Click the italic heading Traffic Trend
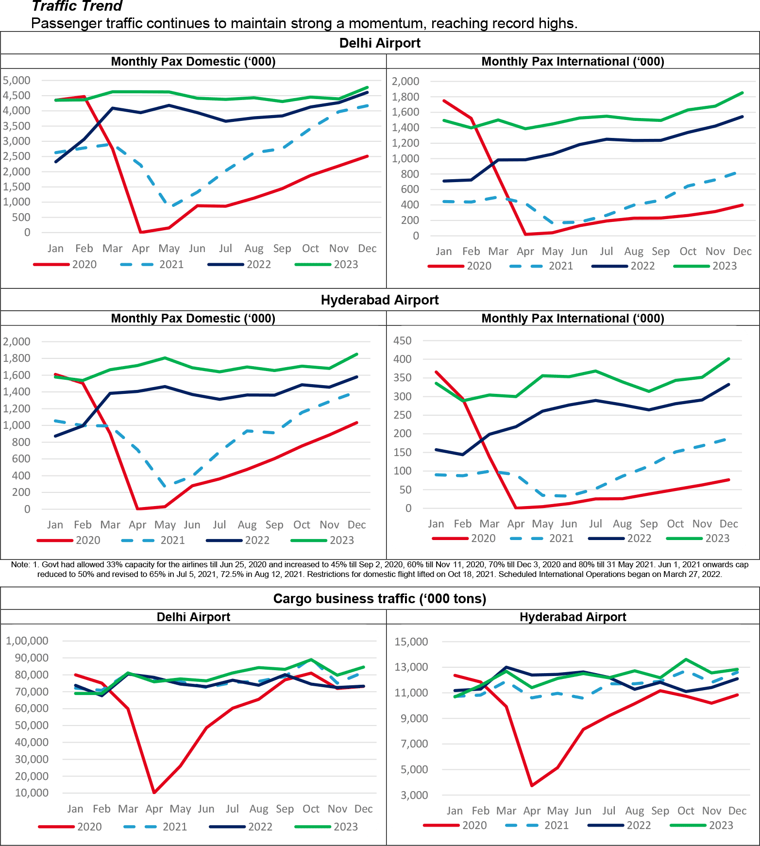coord(77,6)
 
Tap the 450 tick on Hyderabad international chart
coord(402,340)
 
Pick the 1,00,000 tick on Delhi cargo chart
coord(27,641)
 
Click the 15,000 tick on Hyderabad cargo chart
coord(411,642)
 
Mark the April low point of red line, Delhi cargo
coord(154,793)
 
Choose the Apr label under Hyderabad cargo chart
coord(532,811)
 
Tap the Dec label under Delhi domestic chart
coord(367,249)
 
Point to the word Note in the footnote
coord(20,565)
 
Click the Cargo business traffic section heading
coord(379,598)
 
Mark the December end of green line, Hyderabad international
coord(728,359)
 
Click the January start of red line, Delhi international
coord(443,101)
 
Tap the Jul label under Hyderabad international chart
coord(595,524)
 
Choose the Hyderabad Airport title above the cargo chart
coord(573,617)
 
